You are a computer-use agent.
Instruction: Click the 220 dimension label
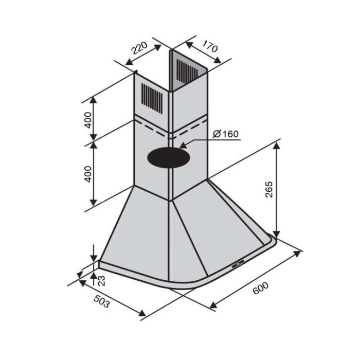[x=139, y=48]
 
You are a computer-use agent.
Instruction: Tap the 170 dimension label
[x=209, y=47]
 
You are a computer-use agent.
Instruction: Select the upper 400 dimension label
[x=88, y=120]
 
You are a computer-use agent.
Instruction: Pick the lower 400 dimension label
[x=88, y=174]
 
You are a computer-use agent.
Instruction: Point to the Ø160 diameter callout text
[x=225, y=134]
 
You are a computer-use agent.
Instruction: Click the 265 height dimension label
[x=269, y=189]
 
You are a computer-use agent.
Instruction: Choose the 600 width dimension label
[x=260, y=288]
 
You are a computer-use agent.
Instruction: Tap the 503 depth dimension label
[x=102, y=301]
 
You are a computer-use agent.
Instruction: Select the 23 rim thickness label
[x=101, y=280]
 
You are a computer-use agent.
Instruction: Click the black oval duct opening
[x=169, y=157]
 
